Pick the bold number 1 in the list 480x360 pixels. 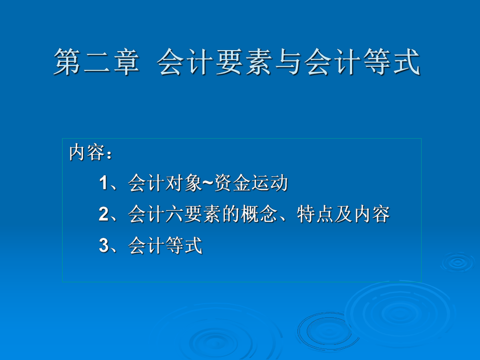tap(103, 184)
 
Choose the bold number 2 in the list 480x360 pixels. tap(103, 214)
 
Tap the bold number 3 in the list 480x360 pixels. tap(103, 246)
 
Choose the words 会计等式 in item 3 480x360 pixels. tap(165, 246)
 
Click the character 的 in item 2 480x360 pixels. tap(231, 214)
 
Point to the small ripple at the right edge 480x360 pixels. tap(459, 262)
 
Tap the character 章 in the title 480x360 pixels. tap(125, 63)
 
